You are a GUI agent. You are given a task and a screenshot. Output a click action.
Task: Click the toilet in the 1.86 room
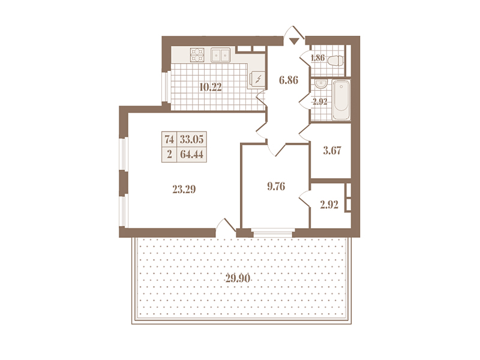pyautogui.click(x=335, y=61)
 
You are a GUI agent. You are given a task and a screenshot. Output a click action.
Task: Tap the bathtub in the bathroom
pyautogui.click(x=341, y=100)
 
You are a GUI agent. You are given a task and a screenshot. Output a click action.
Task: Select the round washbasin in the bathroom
pyautogui.click(x=321, y=83)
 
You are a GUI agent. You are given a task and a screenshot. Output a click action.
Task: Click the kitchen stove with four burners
pyautogui.click(x=197, y=55)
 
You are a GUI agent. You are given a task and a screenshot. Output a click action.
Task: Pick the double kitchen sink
pyautogui.click(x=220, y=55)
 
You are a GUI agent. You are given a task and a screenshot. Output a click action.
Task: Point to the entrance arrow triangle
pyautogui.click(x=294, y=41)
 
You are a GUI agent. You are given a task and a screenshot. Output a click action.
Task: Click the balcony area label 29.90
pyautogui.click(x=238, y=278)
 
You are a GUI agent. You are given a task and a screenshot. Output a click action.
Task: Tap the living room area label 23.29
pyautogui.click(x=184, y=190)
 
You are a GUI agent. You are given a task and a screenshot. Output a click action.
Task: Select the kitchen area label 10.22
pyautogui.click(x=211, y=87)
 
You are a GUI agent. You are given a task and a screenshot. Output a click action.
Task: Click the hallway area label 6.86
pyautogui.click(x=289, y=80)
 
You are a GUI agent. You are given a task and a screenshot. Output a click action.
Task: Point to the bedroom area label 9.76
pyautogui.click(x=276, y=186)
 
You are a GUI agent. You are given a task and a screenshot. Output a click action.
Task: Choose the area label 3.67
pyautogui.click(x=332, y=151)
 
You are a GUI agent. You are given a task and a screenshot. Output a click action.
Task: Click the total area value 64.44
pyautogui.click(x=191, y=154)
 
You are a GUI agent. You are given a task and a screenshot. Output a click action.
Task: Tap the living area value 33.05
pyautogui.click(x=191, y=139)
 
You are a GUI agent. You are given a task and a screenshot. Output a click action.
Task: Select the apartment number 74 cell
pyautogui.click(x=169, y=139)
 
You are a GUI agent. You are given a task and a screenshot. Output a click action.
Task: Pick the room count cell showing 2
pyautogui.click(x=169, y=154)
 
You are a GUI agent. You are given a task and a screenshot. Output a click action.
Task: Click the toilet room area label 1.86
pyautogui.click(x=318, y=58)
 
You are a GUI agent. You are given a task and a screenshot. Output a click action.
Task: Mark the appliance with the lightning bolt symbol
pyautogui.click(x=257, y=80)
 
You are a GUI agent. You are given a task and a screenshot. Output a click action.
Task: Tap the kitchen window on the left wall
pyautogui.click(x=166, y=86)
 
